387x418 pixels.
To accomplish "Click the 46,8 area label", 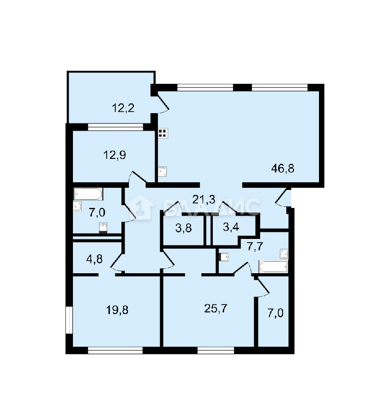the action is [282, 169].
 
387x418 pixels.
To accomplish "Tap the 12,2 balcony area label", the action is [123, 108].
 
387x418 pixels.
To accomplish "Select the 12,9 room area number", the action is [115, 155].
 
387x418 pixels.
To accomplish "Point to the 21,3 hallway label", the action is [204, 199].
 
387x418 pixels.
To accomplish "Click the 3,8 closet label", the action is [183, 229].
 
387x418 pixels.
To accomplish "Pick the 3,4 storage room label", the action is [231, 227].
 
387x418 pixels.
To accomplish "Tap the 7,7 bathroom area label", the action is [255, 247].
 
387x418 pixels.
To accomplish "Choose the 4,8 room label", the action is [94, 259].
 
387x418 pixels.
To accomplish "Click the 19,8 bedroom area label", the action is [117, 310].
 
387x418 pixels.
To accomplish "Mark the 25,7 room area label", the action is [216, 309].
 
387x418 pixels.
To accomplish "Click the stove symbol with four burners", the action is [163, 133].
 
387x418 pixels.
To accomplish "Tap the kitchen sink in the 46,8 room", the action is [162, 171].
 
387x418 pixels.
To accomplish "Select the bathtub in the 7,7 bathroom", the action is [273, 267].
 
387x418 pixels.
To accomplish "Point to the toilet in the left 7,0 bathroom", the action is [103, 228].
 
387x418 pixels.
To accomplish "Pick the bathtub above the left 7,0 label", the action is [88, 194].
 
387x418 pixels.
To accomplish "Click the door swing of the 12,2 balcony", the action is [163, 103].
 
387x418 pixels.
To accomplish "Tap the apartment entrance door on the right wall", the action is [282, 197].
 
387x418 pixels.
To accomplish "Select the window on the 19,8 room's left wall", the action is [69, 320].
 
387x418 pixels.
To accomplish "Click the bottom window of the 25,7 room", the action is [216, 351].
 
